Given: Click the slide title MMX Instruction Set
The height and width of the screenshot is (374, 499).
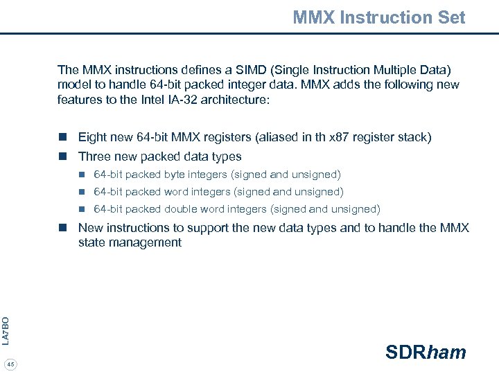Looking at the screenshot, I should [378, 17].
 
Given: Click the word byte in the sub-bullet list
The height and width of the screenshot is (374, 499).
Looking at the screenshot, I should [175, 175].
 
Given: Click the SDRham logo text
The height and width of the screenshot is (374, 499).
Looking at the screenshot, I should [426, 352].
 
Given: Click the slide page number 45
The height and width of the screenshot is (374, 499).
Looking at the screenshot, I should [10, 364].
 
